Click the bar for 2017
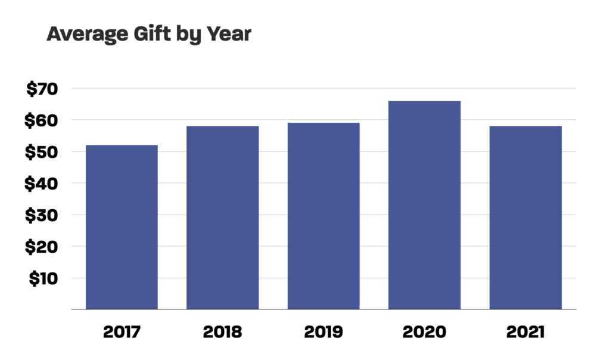(x=122, y=227)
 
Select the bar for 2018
(x=222, y=218)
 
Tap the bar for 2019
(x=323, y=216)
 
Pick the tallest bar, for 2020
(x=424, y=205)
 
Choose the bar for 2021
(x=525, y=218)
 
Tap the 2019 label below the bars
(x=323, y=332)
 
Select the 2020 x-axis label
(x=424, y=332)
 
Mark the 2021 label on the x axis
(x=525, y=332)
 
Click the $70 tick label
(x=41, y=89)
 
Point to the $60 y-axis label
(x=41, y=121)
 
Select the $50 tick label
(x=41, y=153)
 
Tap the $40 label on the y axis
(x=41, y=184)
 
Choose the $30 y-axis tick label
(x=41, y=216)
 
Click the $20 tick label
(x=41, y=247)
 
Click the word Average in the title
(x=85, y=34)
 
